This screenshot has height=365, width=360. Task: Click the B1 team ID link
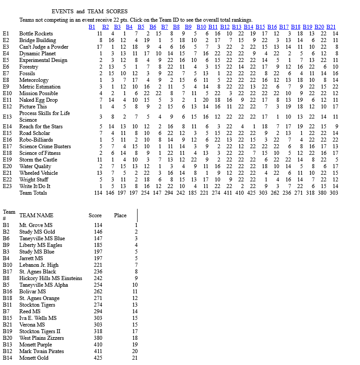point(92,27)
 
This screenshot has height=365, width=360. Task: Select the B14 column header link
point(248,27)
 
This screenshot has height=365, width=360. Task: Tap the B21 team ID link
point(331,27)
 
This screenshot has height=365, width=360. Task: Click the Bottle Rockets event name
point(36,34)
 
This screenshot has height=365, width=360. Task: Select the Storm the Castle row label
point(38,160)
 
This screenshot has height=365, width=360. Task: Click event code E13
point(7,117)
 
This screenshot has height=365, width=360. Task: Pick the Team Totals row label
point(33,193)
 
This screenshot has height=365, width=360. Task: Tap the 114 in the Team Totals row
point(98,193)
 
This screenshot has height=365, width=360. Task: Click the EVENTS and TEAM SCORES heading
point(89,12)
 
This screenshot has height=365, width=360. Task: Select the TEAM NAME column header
point(36,215)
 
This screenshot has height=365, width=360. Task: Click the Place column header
point(120,215)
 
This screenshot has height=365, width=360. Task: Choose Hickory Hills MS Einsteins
point(50,278)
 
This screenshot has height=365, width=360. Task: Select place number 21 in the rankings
point(135,358)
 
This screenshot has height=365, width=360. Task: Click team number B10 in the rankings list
point(7,265)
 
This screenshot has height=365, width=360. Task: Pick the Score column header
point(95,215)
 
